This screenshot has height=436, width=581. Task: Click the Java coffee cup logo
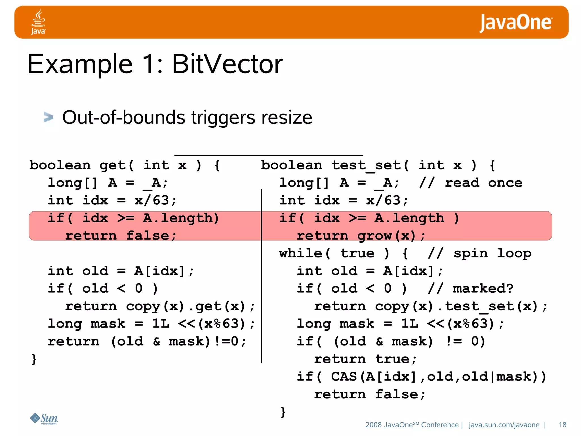pos(38,22)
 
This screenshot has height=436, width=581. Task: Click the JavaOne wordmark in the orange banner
pos(515,23)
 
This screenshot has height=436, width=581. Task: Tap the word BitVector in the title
pos(227,64)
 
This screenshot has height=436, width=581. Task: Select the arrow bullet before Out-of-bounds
pos(49,117)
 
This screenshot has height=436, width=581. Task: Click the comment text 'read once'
pos(483,183)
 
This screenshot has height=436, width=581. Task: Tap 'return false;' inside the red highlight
pos(121,236)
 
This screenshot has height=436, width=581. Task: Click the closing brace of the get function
pos(34,359)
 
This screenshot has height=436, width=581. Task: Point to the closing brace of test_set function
pos(283,412)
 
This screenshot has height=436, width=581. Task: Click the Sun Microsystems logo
pos(44,418)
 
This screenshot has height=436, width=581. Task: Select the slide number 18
pos(562,425)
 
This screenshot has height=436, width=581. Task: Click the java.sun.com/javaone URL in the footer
pos(504,425)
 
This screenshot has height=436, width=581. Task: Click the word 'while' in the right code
pos(300,253)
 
